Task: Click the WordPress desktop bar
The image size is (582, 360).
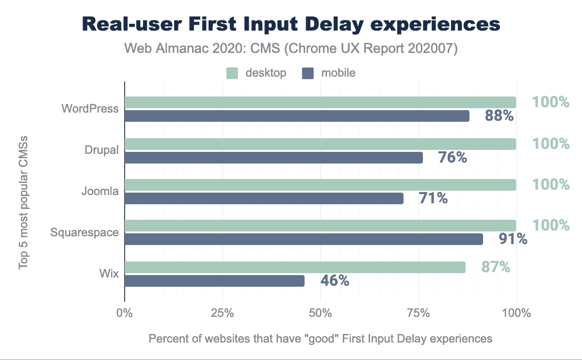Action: (320, 102)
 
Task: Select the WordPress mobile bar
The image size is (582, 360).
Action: (297, 116)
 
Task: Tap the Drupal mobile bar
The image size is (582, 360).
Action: (274, 158)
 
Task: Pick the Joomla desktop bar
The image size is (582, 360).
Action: (320, 184)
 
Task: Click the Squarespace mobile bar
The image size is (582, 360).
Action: (304, 239)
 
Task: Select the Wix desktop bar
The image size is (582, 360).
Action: (295, 267)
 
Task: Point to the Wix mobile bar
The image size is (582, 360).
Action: (214, 281)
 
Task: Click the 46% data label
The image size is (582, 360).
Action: (335, 281)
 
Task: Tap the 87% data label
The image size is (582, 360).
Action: (495, 267)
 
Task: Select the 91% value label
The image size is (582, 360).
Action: (513, 239)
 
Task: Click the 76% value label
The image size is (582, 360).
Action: (452, 158)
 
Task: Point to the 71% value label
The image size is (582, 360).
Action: (433, 198)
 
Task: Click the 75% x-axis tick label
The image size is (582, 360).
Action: (418, 313)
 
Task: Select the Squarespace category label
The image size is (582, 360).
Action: (84, 232)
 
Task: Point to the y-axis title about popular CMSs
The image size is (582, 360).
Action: (23, 203)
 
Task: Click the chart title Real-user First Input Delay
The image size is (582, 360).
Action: (291, 24)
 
